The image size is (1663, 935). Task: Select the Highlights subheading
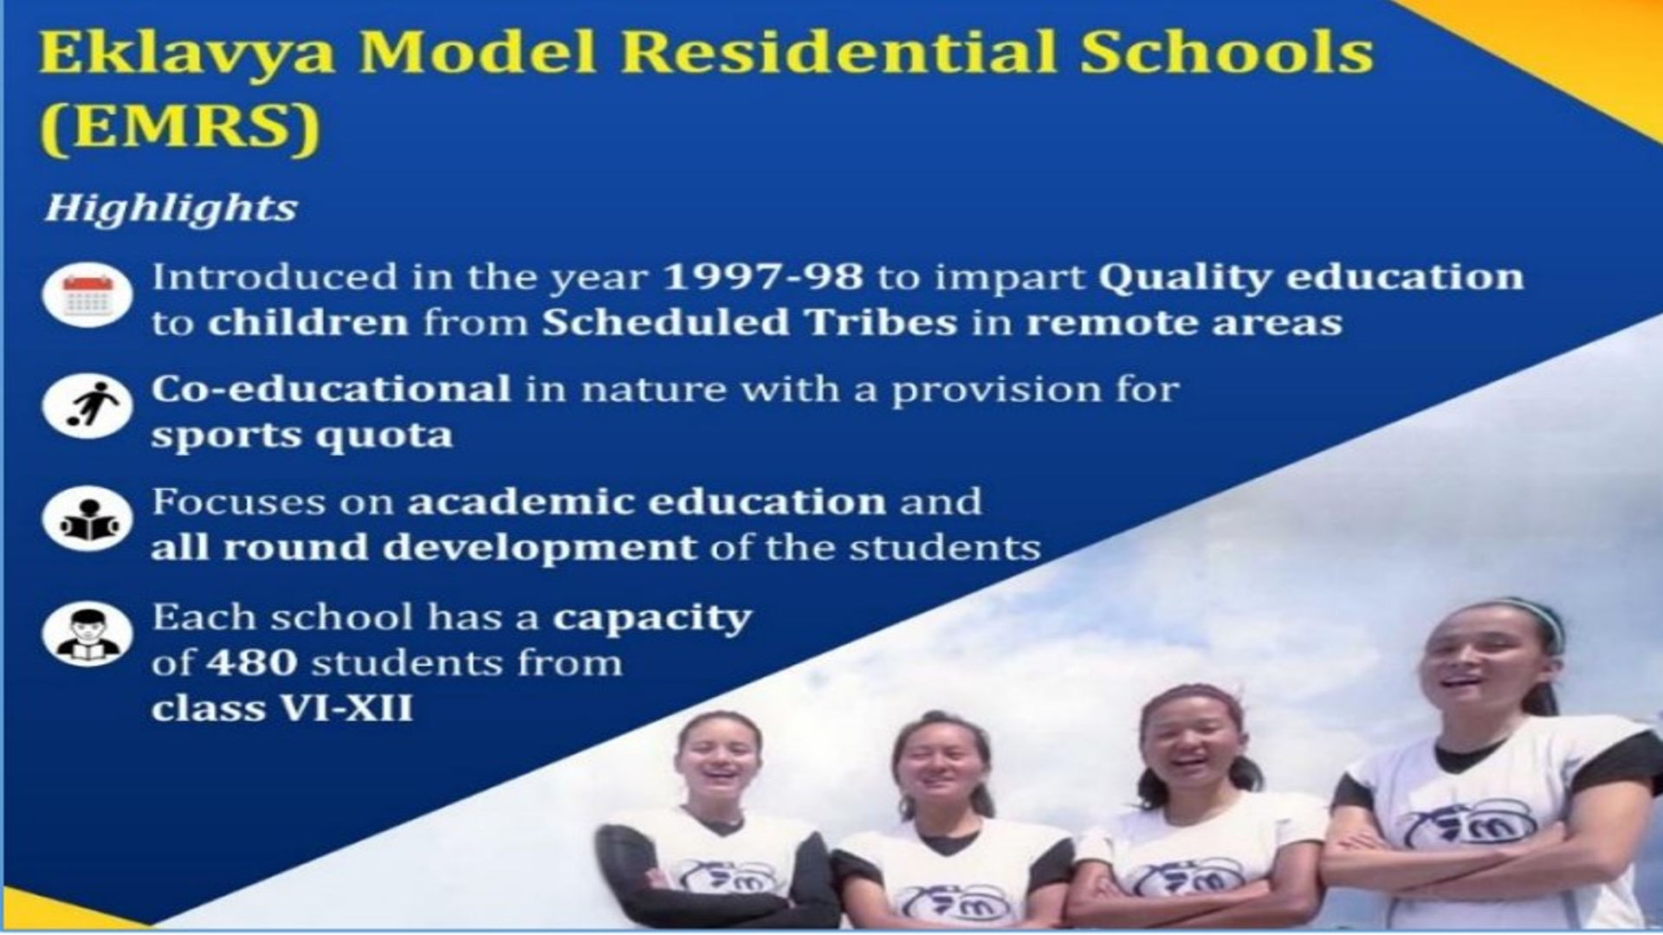coord(171,209)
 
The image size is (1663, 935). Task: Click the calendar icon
coord(87,295)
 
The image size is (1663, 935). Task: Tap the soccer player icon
coord(87,407)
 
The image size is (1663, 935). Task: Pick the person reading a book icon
coord(87,519)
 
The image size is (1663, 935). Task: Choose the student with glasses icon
coord(87,634)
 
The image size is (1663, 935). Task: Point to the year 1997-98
coord(763,277)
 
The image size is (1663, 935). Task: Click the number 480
coord(252,663)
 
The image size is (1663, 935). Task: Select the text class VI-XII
coord(281,708)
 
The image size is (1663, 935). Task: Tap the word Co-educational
coord(332,389)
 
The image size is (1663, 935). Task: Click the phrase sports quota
coord(302,435)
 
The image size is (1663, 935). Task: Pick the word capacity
coord(652,619)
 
